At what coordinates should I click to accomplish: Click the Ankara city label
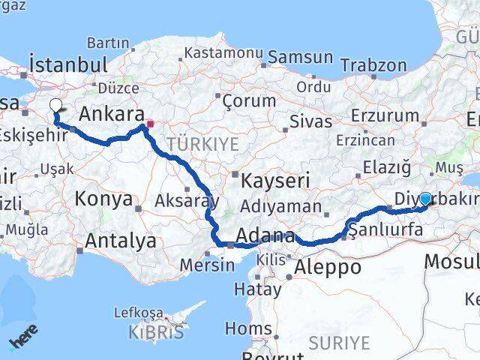(x=111, y=115)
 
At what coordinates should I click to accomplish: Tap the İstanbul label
(x=67, y=63)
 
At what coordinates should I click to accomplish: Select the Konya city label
(x=103, y=199)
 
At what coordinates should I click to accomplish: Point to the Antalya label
(x=121, y=241)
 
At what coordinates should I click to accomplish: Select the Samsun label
(x=300, y=56)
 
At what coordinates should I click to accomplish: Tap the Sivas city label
(x=310, y=120)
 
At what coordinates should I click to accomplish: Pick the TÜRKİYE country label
(x=202, y=143)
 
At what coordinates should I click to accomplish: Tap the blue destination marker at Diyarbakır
(x=425, y=199)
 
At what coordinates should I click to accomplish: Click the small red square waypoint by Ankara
(x=150, y=124)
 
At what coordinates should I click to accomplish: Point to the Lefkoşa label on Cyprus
(x=138, y=313)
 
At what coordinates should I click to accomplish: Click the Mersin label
(x=202, y=264)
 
